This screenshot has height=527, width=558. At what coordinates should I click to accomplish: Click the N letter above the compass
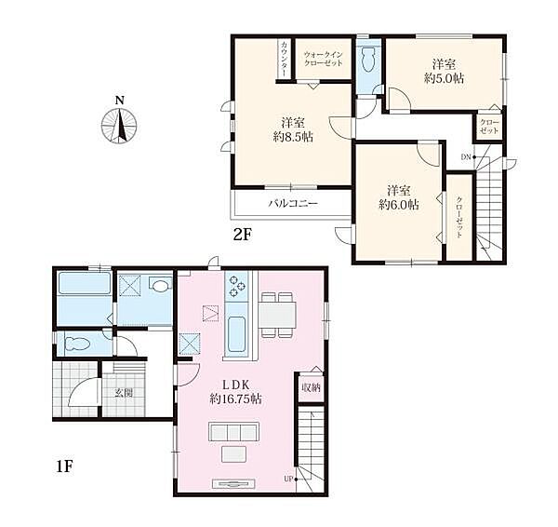120,101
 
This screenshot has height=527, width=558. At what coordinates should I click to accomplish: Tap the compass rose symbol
119,126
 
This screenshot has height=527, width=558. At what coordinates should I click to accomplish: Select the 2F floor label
243,235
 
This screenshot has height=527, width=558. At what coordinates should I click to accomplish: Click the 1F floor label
64,466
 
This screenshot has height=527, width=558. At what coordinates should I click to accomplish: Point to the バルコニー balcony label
293,204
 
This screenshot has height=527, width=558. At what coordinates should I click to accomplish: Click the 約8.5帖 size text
293,137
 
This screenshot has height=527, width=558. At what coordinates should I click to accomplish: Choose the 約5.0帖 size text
445,78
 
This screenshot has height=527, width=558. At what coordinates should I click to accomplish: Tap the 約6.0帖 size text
399,205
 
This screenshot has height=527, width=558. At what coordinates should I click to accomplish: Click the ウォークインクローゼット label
323,60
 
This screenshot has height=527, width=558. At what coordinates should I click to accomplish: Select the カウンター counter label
285,60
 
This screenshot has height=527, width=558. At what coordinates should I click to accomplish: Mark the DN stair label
466,156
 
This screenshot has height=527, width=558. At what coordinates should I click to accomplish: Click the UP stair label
288,479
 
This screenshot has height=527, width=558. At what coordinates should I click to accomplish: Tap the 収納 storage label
311,387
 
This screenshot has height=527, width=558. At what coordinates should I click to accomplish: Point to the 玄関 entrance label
124,393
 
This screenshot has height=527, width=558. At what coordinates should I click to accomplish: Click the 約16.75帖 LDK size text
236,399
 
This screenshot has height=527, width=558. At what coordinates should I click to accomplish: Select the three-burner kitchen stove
237,286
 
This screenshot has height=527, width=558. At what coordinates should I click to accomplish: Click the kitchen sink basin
236,334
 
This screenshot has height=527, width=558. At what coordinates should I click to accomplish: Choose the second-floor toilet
368,61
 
